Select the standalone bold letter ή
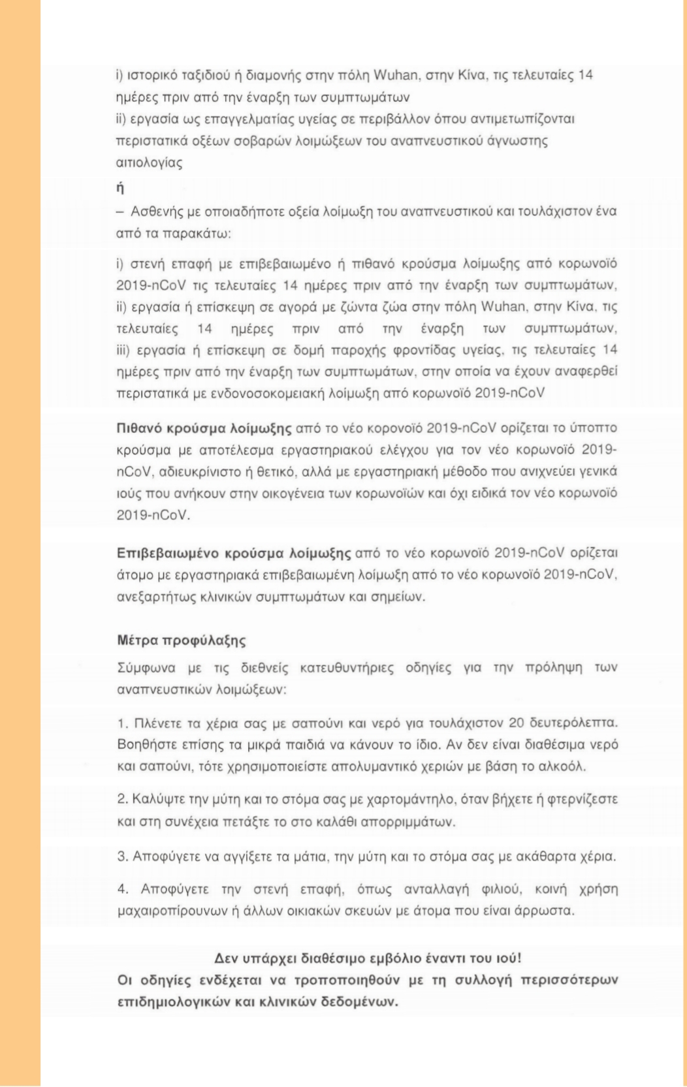point(120,188)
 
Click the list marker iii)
point(123,349)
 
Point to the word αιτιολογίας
point(150,163)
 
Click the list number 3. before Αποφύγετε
point(122,856)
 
